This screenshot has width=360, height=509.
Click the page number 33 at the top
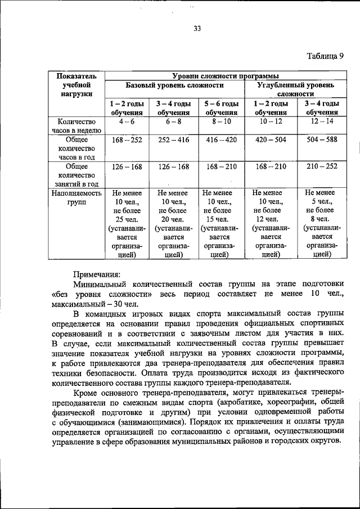pyautogui.click(x=197, y=29)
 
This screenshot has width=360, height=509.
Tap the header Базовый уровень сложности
pyautogui.click(x=174, y=85)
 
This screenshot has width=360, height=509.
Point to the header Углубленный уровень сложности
pyautogui.click(x=295, y=89)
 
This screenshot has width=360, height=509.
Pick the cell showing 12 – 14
pyautogui.click(x=321, y=121)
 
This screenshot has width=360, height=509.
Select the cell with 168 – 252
pyautogui.click(x=127, y=139)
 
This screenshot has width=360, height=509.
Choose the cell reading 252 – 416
pyautogui.click(x=174, y=139)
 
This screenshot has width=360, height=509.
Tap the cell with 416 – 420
pyautogui.click(x=221, y=139)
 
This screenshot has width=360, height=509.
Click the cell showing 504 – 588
pyautogui.click(x=321, y=139)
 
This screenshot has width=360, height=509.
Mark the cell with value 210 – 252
pyautogui.click(x=321, y=166)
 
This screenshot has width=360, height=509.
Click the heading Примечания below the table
pyautogui.click(x=94, y=274)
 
